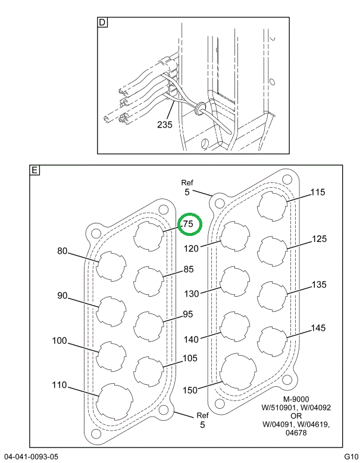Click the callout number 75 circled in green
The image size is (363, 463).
pos(189,225)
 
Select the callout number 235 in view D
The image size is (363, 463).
pos(165,125)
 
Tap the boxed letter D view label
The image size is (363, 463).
pos(102,23)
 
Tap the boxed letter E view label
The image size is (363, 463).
pos(35,170)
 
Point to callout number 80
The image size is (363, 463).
pos(62,251)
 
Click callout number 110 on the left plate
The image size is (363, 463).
pos(59,385)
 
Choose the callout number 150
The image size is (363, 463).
pos(190,390)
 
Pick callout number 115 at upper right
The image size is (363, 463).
pos(318,192)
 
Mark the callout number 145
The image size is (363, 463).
pos(318,328)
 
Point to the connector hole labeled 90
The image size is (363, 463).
pos(112,311)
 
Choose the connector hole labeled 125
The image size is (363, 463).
pos(273,250)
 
